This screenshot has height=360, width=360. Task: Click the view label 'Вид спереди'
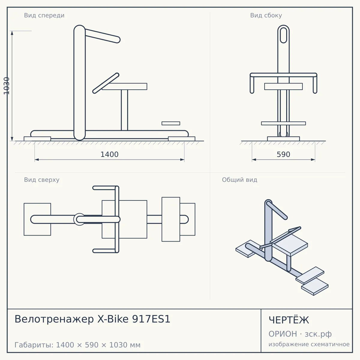(44, 15)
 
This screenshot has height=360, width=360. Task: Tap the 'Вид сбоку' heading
(266, 15)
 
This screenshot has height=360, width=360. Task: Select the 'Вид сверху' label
(42, 180)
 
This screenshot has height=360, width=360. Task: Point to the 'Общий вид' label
(239, 180)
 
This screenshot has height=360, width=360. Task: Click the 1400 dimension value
(109, 154)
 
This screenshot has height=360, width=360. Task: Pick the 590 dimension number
(283, 154)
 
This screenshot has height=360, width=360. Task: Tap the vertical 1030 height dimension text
(7, 86)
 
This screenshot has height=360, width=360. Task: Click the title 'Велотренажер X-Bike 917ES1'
(92, 319)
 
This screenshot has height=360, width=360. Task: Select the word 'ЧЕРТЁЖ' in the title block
(289, 320)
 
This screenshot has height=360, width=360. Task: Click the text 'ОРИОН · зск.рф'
(300, 334)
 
